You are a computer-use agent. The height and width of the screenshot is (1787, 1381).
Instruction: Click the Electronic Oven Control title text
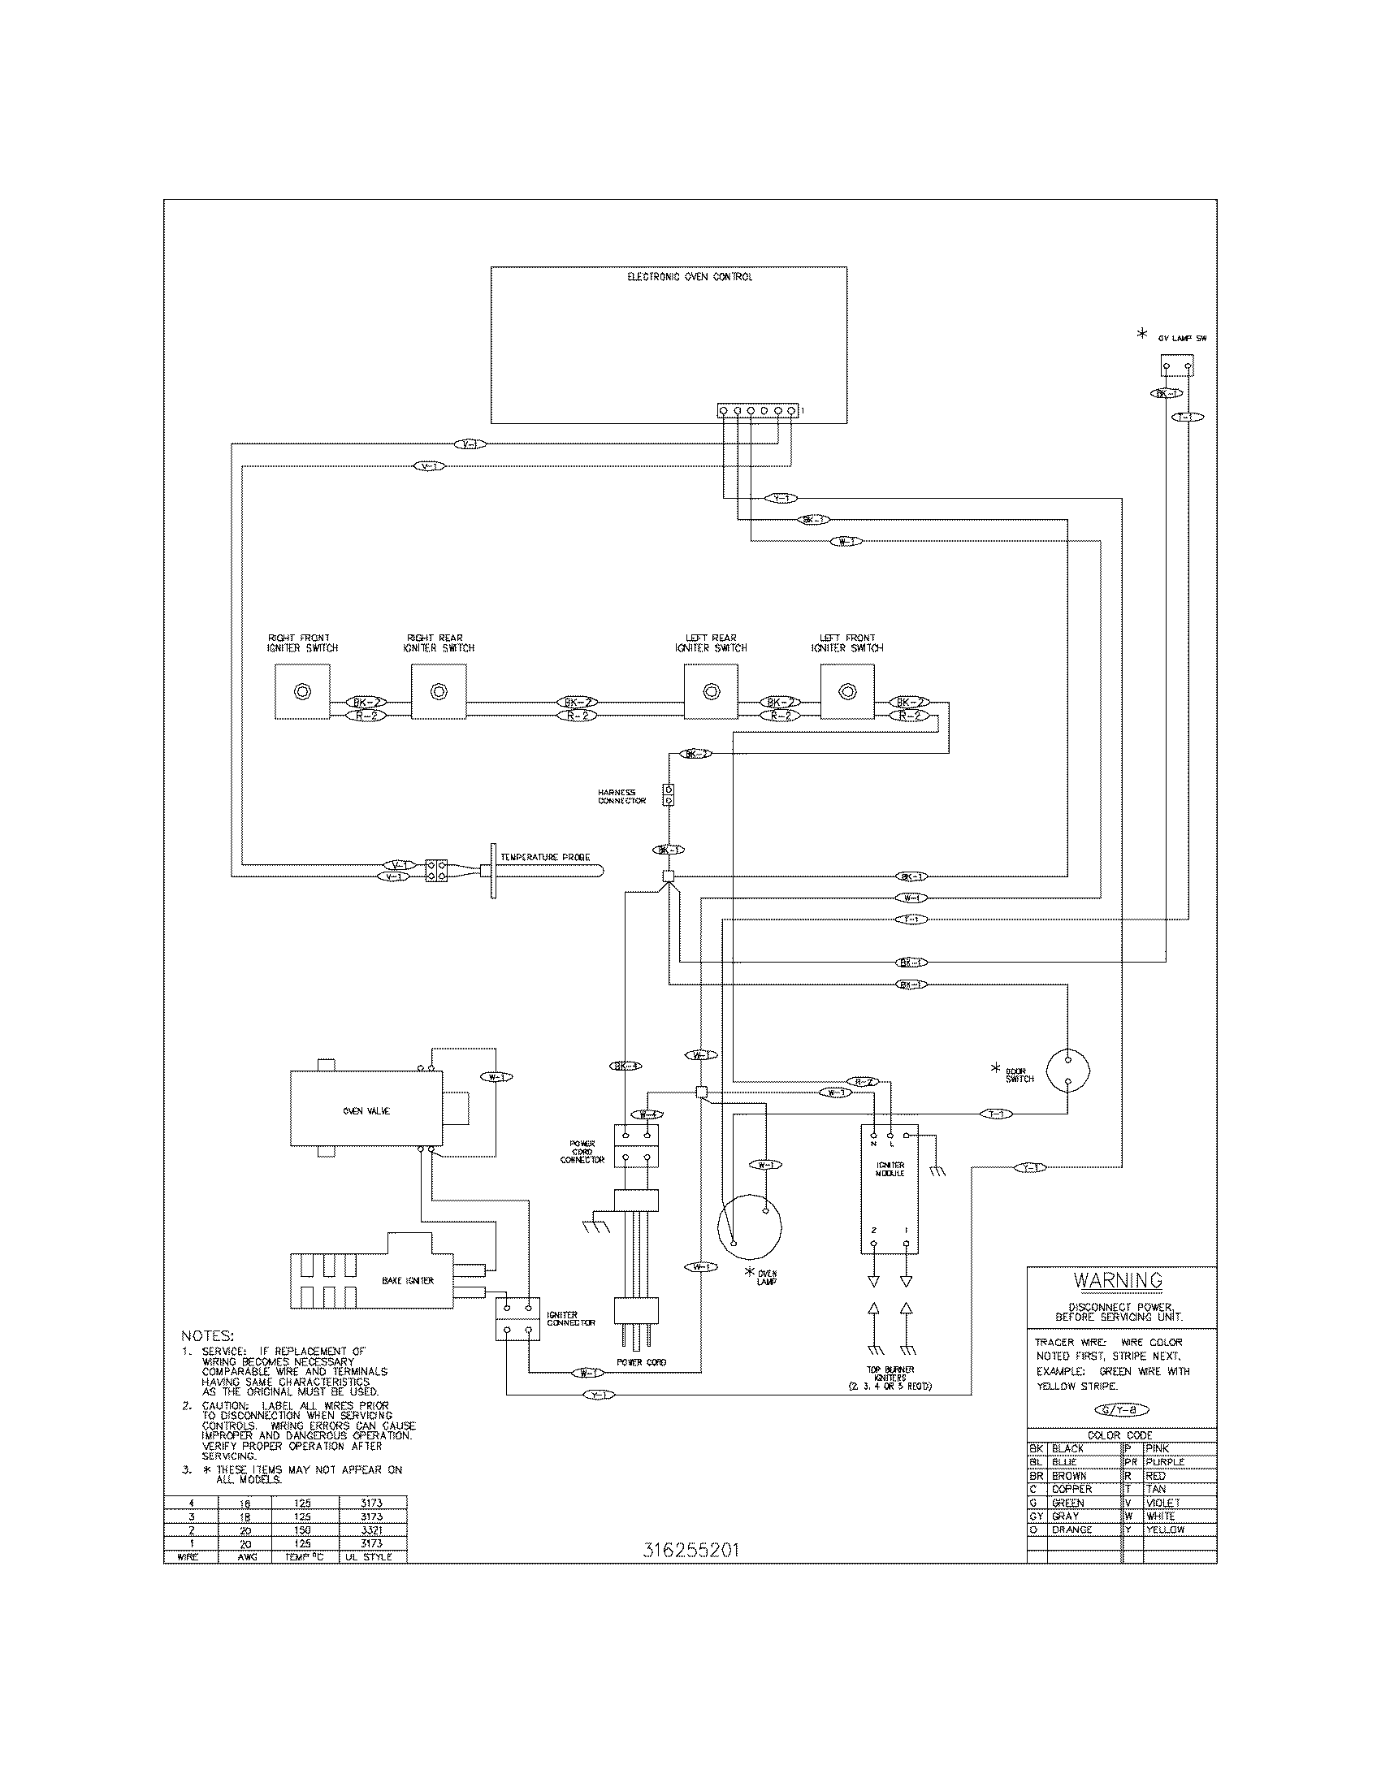pos(689,277)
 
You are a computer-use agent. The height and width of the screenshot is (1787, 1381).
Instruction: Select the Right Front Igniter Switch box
pos(302,691)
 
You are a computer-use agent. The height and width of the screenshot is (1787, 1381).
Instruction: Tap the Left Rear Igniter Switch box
pos(711,691)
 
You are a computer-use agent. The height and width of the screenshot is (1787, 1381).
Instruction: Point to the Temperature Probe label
pos(545,858)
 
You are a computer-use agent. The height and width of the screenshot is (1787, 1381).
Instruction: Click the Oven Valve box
pos(366,1110)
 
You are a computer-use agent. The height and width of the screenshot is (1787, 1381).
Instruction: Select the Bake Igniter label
pos(408,1280)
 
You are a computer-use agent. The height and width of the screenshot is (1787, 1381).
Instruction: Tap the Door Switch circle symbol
pos(1067,1069)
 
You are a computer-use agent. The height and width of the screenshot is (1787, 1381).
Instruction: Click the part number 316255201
pos(690,1551)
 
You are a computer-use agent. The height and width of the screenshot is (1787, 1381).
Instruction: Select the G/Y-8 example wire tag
pos(1122,1410)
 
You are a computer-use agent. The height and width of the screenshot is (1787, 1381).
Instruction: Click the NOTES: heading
pos(207,1336)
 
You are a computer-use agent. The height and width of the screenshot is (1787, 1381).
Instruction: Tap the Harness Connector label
pos(621,796)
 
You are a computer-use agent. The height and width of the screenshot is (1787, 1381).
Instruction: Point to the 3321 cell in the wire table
pos(371,1530)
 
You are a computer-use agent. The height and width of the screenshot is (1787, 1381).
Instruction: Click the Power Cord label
pos(641,1362)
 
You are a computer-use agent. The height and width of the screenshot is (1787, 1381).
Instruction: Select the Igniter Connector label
pos(571,1318)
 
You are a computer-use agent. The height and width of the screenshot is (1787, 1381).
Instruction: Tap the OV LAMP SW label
pos(1182,338)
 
